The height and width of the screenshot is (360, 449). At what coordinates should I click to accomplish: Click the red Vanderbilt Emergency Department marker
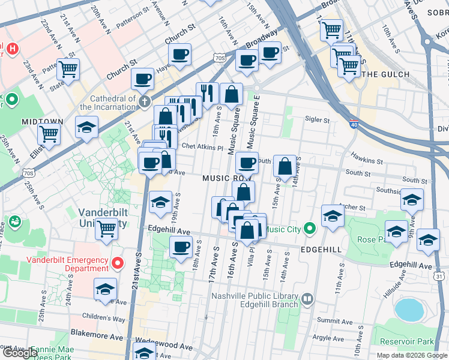click(118, 263)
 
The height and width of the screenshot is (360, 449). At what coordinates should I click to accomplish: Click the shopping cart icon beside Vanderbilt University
click(106, 227)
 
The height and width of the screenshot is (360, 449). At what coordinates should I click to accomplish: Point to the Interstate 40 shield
click(370, 124)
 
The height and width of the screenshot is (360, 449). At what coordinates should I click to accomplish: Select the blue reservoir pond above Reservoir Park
click(409, 310)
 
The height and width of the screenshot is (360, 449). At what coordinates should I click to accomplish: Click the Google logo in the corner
click(20, 353)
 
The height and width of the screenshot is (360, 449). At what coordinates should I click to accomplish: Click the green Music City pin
click(309, 228)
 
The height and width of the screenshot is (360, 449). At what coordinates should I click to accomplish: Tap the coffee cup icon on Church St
click(179, 54)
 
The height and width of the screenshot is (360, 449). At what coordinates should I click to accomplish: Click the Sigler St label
click(318, 120)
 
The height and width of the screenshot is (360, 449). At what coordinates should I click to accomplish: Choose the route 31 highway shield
click(439, 275)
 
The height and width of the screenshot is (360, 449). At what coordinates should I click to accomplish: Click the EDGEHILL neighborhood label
click(321, 248)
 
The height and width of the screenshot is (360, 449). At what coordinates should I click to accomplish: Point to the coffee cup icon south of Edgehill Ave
click(181, 247)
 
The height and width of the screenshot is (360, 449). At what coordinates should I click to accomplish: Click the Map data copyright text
click(411, 355)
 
